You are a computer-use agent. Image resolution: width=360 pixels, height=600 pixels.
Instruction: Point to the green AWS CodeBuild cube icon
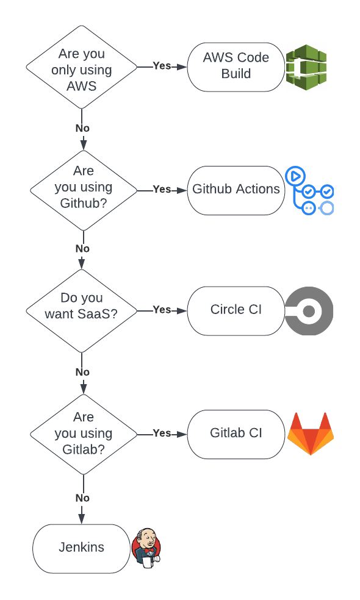(x=306, y=67)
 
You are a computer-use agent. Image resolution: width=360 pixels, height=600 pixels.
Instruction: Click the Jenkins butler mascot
(x=146, y=548)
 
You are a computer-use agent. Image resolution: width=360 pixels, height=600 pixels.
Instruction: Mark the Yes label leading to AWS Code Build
(x=162, y=66)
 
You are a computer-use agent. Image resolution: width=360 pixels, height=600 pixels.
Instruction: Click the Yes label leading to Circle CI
(x=162, y=310)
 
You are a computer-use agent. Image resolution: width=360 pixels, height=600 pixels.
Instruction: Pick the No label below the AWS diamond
(x=82, y=128)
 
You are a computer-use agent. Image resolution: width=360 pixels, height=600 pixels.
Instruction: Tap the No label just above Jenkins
(x=82, y=498)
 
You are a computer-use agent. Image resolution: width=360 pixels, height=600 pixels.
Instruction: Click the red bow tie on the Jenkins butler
(x=149, y=550)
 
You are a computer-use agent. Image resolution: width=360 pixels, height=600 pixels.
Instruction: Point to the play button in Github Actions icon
(x=295, y=176)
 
